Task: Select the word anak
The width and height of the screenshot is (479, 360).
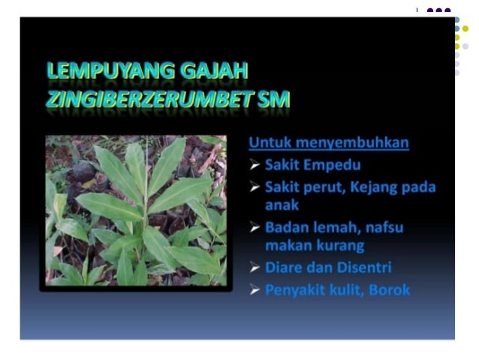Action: point(282,204)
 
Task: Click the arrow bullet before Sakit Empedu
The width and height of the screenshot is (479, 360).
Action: point(255,165)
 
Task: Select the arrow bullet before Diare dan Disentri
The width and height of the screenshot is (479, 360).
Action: point(255,268)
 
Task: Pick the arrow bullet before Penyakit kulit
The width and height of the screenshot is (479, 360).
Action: point(255,290)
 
